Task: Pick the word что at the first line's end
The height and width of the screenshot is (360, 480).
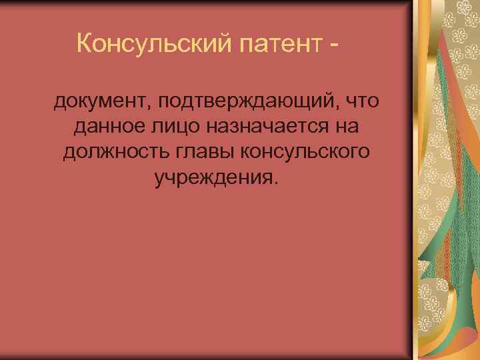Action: point(362,102)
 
